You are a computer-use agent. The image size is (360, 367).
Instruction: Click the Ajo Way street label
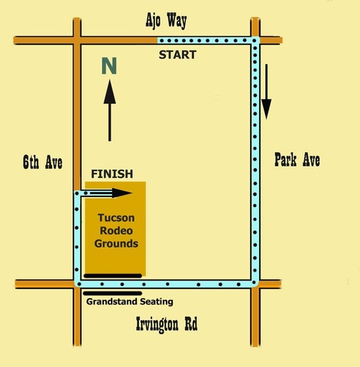tap(166, 21)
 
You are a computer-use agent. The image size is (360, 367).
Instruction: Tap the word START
tap(177, 55)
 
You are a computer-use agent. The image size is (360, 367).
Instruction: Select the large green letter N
tap(109, 66)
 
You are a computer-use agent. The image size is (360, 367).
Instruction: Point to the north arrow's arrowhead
tap(110, 92)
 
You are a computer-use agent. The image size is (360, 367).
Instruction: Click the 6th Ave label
tap(43, 162)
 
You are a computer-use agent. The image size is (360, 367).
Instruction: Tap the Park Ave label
tap(297, 160)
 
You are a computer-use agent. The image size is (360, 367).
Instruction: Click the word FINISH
tap(112, 174)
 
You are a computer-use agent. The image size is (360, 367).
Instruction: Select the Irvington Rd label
tap(167, 324)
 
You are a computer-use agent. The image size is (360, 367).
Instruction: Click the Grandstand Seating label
tap(130, 302)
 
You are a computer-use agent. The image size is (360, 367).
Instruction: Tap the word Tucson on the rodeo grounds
tap(116, 218)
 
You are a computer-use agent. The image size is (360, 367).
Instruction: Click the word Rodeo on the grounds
tap(116, 231)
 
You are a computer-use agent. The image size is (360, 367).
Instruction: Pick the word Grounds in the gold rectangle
tap(116, 243)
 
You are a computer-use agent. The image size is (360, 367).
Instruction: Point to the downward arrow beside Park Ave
tap(266, 92)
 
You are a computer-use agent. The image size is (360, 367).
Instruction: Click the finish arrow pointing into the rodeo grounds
tap(109, 193)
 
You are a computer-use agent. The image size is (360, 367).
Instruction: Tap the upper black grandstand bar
tap(112, 276)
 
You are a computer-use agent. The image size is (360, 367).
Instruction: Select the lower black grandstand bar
tap(112, 294)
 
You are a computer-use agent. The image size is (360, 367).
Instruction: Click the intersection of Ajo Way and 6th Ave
tap(77, 41)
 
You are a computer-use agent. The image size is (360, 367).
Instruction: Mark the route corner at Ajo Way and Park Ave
tap(255, 41)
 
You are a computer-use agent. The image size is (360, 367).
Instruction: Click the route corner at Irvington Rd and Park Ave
tap(255, 283)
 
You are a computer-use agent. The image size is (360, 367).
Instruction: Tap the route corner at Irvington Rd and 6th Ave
tap(77, 284)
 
